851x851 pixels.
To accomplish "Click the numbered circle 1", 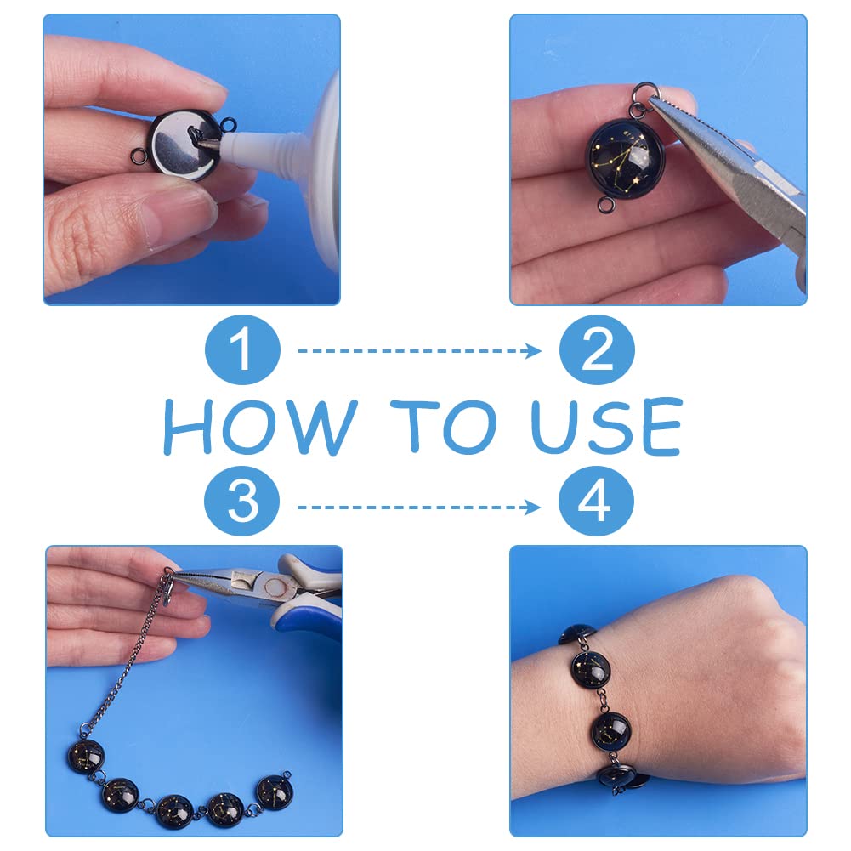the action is [242, 349].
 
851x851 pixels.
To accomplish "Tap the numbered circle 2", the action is [597, 349].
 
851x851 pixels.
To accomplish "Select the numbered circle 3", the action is [242, 501].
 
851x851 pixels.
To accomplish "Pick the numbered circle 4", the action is [597, 501].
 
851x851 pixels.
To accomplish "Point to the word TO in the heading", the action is [444, 427].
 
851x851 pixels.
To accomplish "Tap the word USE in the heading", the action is [607, 426].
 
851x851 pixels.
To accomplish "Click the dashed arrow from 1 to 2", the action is [419, 350].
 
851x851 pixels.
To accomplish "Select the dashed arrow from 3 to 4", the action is [419, 508].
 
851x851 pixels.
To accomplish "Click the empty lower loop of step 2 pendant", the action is [605, 205].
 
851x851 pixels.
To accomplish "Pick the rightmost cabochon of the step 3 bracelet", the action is [274, 793].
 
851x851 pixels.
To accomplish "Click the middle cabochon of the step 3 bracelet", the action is [175, 811].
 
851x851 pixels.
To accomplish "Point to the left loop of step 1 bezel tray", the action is [139, 156].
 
